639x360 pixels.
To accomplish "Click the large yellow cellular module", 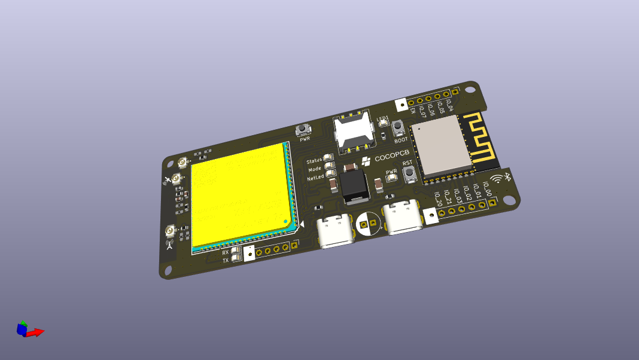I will click(x=242, y=194).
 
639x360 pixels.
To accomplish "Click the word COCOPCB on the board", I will click(x=392, y=158).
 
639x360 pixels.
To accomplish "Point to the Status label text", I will click(x=314, y=161).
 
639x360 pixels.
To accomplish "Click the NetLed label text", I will click(x=315, y=178).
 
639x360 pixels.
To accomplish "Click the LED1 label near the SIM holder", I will click(x=383, y=118).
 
